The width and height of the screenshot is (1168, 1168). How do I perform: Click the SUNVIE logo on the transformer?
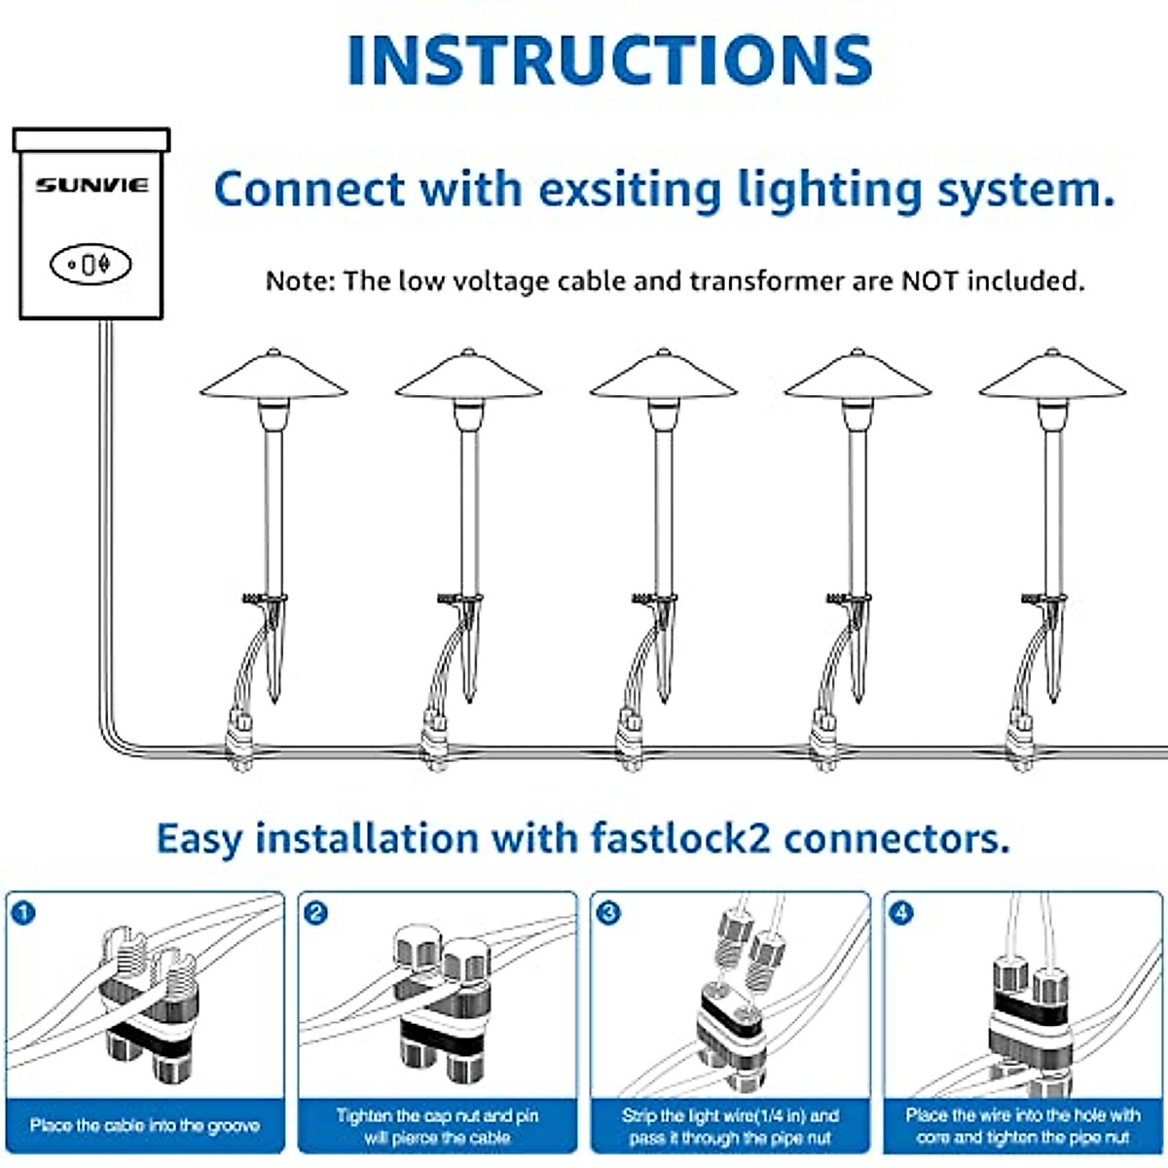(91, 185)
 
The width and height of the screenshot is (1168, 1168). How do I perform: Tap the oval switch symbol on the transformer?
(91, 265)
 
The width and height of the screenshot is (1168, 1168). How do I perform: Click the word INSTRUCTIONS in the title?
(609, 60)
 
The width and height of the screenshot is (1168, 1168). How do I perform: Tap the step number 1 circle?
(23, 913)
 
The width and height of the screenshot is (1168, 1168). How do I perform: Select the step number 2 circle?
(315, 913)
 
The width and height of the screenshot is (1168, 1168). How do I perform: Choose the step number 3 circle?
(608, 913)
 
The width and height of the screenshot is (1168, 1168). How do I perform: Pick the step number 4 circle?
(900, 913)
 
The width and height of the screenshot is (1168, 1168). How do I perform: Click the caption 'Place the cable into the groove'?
(145, 1125)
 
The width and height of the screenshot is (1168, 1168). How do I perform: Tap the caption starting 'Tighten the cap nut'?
(437, 1125)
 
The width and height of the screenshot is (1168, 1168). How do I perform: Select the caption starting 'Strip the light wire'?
(730, 1125)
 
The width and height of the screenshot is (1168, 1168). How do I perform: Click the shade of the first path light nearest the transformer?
(274, 375)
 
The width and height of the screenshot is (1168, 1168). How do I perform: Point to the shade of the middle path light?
(663, 375)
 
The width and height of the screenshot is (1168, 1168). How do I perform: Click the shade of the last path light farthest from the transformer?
(1052, 375)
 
